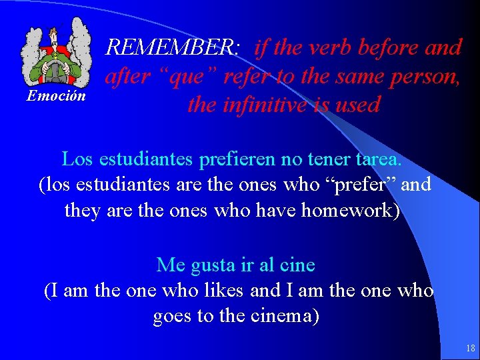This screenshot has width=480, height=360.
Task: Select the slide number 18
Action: (471, 348)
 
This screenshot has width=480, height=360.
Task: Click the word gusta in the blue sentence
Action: (213, 265)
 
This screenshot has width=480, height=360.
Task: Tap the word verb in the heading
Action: (328, 47)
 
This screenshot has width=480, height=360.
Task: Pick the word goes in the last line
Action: (172, 315)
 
